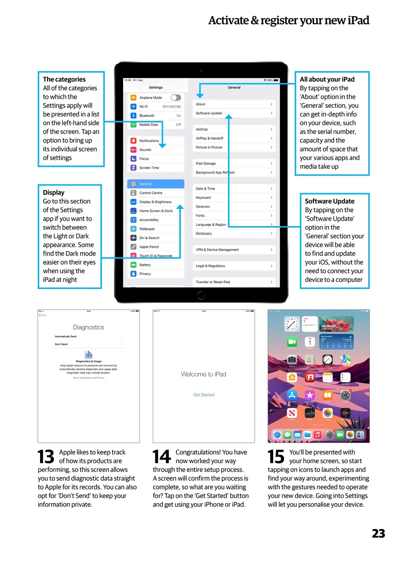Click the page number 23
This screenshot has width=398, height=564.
point(378,534)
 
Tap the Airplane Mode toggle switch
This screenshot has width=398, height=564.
point(175,97)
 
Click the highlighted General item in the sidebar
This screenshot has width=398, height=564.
point(156,184)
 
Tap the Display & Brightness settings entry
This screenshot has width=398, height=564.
point(156,202)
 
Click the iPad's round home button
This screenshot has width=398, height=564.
point(201,295)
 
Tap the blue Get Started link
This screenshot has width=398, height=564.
point(204,395)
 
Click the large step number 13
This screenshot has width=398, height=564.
point(46,457)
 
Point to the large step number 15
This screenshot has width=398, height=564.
point(276,457)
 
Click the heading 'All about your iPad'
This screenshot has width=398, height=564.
point(327,79)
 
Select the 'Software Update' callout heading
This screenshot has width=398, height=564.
point(329,201)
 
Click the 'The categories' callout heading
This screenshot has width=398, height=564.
point(64,79)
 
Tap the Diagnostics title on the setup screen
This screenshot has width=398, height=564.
point(88,327)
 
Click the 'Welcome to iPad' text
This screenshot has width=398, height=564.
point(204,374)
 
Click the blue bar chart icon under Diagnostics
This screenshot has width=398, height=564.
point(88,354)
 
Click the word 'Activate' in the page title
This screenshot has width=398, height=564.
point(228,20)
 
